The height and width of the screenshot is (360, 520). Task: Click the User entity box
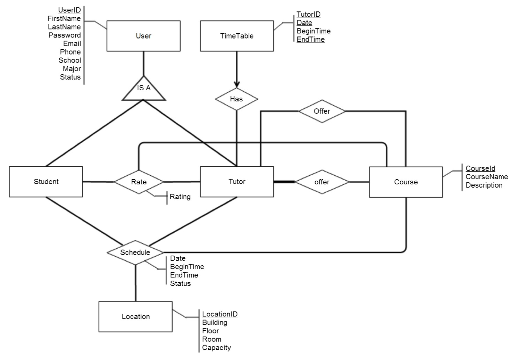(143, 36)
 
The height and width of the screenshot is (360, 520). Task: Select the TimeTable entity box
(237, 36)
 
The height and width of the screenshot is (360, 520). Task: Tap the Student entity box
(46, 182)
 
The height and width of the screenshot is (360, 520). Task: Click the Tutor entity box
(237, 182)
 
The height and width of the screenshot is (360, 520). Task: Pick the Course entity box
(406, 182)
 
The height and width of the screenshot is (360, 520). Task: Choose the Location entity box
(136, 317)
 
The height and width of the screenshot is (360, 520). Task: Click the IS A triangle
(144, 90)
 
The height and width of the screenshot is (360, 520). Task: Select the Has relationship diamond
(236, 99)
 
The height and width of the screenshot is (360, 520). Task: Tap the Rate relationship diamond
(139, 182)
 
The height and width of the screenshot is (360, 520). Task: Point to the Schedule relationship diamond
(135, 252)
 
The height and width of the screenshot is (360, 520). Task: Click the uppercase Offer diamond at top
(322, 111)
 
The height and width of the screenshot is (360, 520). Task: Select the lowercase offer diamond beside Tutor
(322, 182)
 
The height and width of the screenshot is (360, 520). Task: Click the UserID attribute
(70, 10)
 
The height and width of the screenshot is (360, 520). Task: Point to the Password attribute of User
(65, 35)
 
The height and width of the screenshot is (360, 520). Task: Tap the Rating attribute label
(180, 197)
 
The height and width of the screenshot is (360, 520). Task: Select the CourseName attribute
(487, 177)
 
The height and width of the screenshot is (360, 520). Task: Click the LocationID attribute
(220, 314)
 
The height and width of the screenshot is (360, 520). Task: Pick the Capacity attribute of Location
(216, 348)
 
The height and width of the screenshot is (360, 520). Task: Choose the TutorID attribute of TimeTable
(309, 14)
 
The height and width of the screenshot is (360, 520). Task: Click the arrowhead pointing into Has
(237, 84)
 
